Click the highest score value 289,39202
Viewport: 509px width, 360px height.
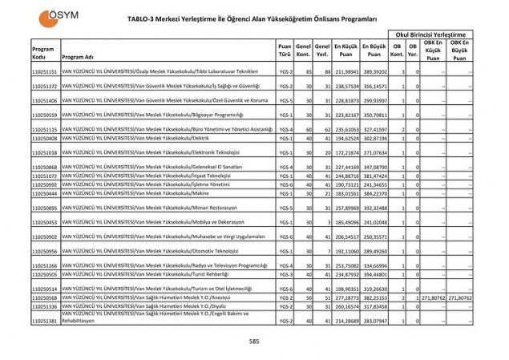[x=374, y=72]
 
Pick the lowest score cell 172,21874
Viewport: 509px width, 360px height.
[x=346, y=152]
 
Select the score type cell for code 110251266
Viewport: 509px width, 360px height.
[x=285, y=265]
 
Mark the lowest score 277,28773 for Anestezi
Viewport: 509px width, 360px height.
[x=346, y=297]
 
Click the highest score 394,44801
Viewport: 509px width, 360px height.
[x=374, y=274]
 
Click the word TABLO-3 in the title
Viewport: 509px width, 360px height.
[x=145, y=17]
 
